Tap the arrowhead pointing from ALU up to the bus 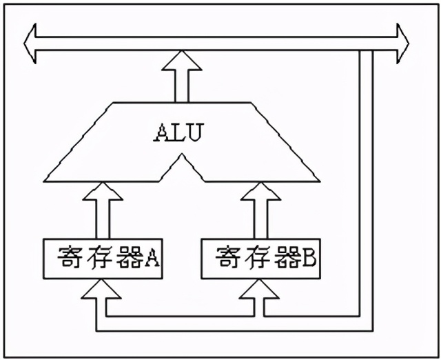point(181,62)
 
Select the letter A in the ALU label point(160,133)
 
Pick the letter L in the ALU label point(177,133)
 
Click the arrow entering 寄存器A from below point(102,293)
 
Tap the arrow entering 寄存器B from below point(260,293)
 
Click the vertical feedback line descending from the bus point(367,186)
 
